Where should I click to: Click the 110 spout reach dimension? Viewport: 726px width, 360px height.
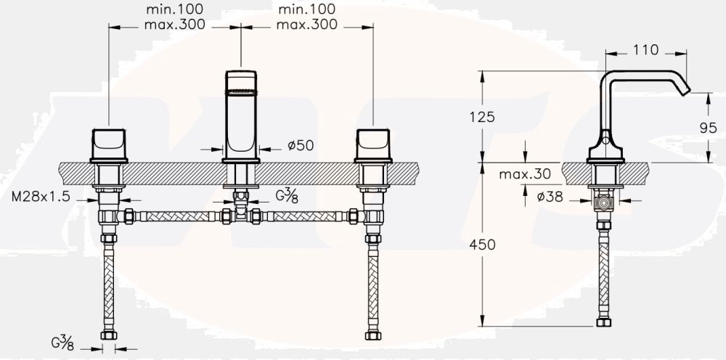tap(646, 50)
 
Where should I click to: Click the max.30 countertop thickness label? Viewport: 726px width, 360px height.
tap(525, 173)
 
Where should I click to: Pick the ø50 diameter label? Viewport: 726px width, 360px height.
tap(301, 146)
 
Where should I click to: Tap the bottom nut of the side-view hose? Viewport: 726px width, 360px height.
tap(603, 322)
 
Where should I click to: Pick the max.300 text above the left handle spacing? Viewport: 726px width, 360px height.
tap(174, 25)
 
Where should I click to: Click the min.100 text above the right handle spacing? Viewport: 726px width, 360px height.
tap(306, 9)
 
